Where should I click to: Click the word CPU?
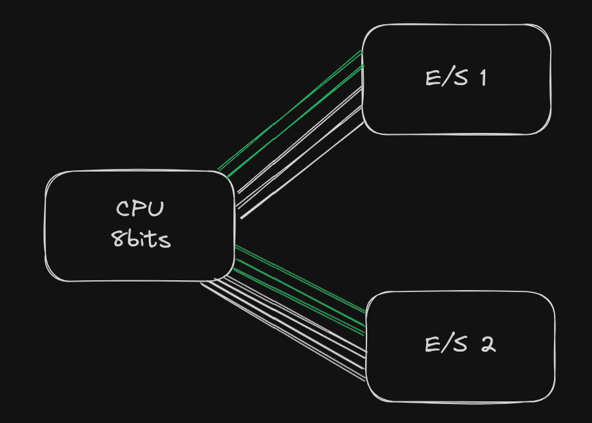[x=140, y=209]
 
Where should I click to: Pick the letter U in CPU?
[x=156, y=209]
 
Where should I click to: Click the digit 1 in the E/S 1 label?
[x=483, y=78]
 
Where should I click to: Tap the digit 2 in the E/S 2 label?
[x=487, y=344]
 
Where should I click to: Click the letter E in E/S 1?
[x=433, y=78]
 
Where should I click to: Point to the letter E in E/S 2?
[x=433, y=344]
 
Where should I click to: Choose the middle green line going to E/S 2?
[x=298, y=288]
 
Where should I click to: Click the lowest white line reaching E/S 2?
[x=282, y=331]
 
